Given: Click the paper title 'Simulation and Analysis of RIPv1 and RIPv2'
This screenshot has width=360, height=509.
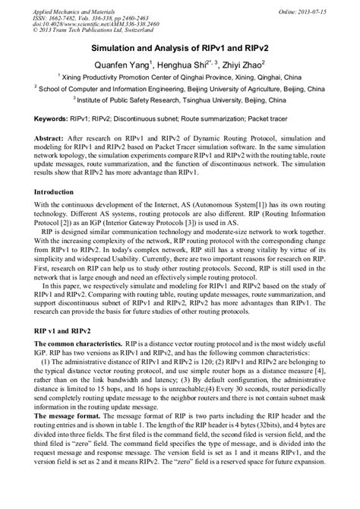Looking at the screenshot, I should [180, 46].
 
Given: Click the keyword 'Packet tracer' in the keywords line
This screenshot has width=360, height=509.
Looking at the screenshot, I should [305, 120].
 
